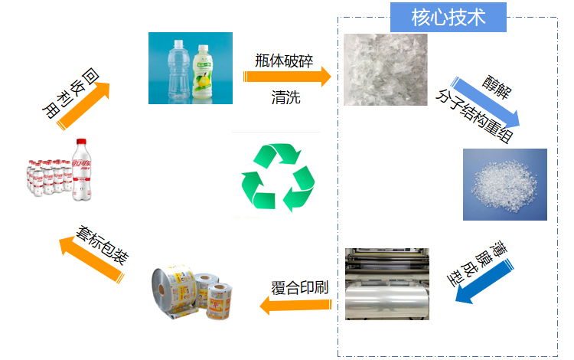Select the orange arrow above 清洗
pyautogui.click(x=288, y=77)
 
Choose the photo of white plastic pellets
pyautogui.click(x=504, y=184)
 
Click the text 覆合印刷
pyautogui.click(x=299, y=288)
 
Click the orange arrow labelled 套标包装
pyautogui.click(x=96, y=253)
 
